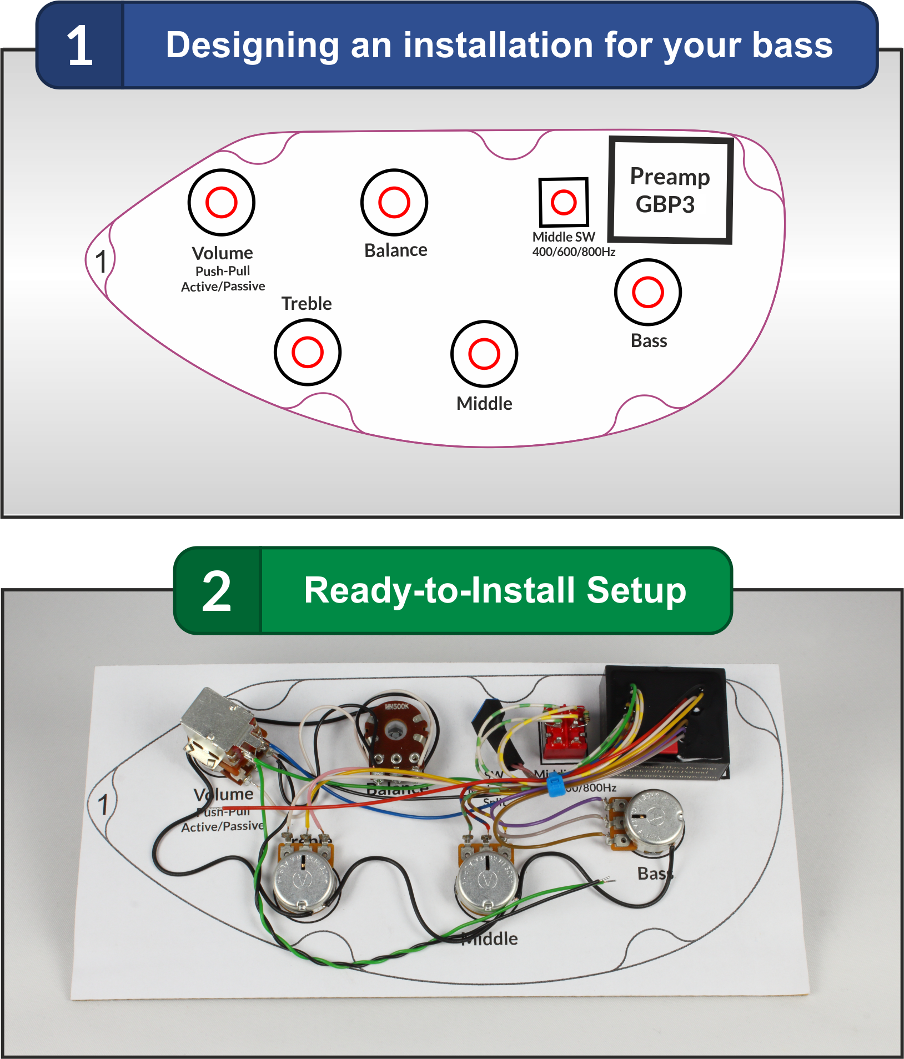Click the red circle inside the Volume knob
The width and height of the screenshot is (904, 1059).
(221, 202)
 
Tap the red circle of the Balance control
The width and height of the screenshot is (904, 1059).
(394, 202)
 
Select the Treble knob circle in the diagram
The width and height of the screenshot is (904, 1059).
(307, 352)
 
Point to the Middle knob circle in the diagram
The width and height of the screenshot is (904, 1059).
(484, 354)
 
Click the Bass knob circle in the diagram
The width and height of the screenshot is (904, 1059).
(647, 292)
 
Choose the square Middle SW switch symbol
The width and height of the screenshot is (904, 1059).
(563, 202)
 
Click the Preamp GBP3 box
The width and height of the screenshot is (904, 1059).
(670, 190)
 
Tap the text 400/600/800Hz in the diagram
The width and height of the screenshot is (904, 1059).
(574, 252)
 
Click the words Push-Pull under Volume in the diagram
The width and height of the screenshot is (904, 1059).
(223, 271)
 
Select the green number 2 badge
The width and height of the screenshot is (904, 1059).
(217, 591)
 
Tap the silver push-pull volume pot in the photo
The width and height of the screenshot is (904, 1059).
(214, 722)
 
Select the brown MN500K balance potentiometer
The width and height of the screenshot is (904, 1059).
(396, 733)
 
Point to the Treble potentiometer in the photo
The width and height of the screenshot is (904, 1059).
(303, 877)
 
